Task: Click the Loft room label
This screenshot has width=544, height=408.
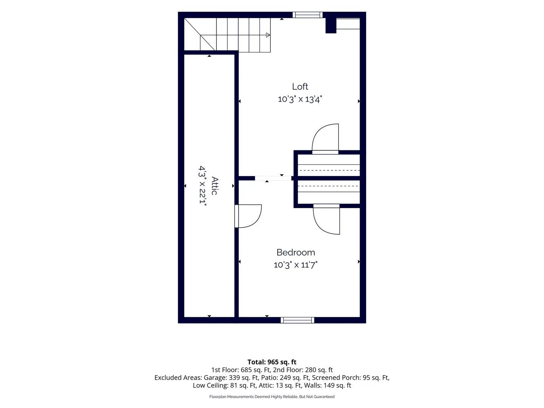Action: (300, 87)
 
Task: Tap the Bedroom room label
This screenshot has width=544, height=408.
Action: (296, 252)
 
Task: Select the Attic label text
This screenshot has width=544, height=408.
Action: (215, 186)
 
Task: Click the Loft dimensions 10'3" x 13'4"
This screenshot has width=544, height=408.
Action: (300, 99)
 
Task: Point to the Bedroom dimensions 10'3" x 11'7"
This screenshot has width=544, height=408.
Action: (296, 265)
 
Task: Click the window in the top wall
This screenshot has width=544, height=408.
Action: (308, 15)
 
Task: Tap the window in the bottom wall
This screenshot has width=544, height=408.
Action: (297, 320)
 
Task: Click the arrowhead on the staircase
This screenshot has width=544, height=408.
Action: (268, 35)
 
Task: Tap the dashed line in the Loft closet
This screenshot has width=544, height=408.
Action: (329, 170)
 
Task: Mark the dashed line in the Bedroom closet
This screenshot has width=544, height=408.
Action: (329, 186)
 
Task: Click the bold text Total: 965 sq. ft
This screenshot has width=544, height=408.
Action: (272, 362)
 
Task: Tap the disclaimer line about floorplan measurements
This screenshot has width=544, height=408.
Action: (272, 397)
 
